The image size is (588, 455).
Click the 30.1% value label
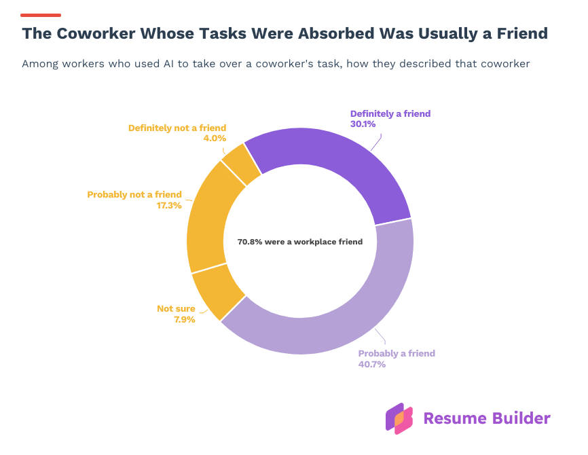pos(363,124)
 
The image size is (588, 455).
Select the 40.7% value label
pos(371,364)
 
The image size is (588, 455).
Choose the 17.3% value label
pos(169,205)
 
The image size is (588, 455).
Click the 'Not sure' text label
pos(176,308)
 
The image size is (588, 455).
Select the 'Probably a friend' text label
pos(397,353)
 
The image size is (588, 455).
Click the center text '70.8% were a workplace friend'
pos(299,241)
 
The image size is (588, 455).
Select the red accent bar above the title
pos(41,14)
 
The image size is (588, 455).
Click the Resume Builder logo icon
pos(399,418)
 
